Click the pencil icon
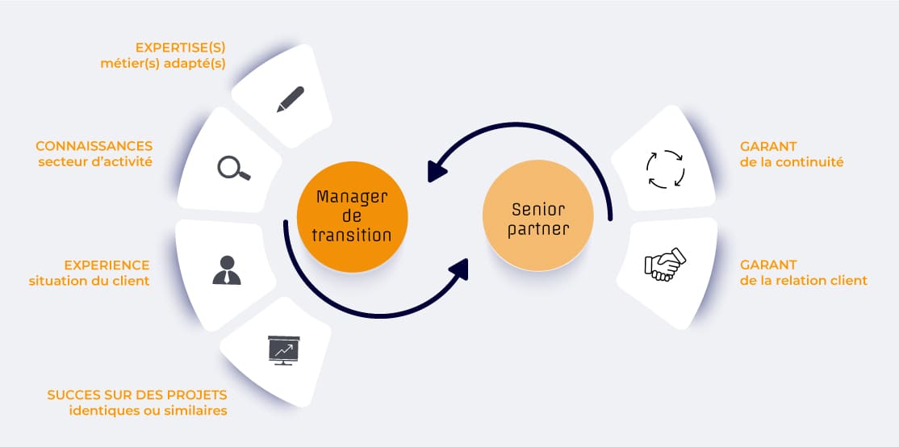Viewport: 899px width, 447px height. click(x=290, y=98)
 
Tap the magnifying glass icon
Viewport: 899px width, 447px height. click(x=234, y=167)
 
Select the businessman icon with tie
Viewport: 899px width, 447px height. click(x=227, y=269)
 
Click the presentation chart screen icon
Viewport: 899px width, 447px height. click(x=283, y=350)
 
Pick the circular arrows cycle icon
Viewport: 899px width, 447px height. click(x=666, y=168)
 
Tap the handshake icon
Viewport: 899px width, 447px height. click(x=664, y=264)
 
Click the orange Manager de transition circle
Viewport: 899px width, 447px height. click(x=353, y=216)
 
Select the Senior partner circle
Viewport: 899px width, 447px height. click(x=539, y=215)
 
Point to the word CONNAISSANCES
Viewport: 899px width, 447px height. click(x=94, y=146)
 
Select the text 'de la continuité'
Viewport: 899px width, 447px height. click(x=792, y=162)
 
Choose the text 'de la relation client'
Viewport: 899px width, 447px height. click(x=804, y=281)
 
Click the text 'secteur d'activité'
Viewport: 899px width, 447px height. click(x=95, y=162)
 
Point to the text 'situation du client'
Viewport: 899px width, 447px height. click(x=89, y=281)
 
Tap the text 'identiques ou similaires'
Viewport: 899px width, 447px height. click(x=148, y=411)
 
